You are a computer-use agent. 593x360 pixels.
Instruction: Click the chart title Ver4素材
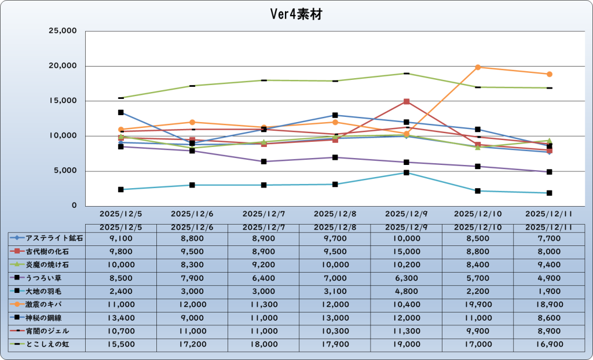pos(296,14)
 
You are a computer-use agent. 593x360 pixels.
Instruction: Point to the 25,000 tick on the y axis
pos(61,31)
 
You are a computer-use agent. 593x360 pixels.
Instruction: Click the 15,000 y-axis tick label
pos(61,101)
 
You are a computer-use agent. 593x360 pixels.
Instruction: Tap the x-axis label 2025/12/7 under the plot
pos(263,214)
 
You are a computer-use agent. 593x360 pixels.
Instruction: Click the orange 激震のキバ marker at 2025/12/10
pos(478,67)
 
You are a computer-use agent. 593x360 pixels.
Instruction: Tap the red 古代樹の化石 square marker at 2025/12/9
pos(407,102)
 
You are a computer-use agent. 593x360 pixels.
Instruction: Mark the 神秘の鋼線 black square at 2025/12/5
pos(120,112)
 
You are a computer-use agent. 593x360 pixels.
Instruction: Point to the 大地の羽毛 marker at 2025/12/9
pos(407,172)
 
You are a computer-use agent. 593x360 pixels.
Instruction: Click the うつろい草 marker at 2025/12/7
pos(263,161)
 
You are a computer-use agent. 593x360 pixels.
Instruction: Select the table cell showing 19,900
pos(478,303)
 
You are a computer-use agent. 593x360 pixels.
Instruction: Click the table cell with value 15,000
pos(406,251)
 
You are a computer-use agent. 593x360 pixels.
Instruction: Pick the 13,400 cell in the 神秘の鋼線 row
pos(120,317)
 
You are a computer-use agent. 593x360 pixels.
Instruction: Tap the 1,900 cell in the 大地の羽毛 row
pos(549,290)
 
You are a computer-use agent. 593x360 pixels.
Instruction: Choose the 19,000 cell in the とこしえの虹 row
pos(406,344)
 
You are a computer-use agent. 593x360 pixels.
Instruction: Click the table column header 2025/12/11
pos(549,227)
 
